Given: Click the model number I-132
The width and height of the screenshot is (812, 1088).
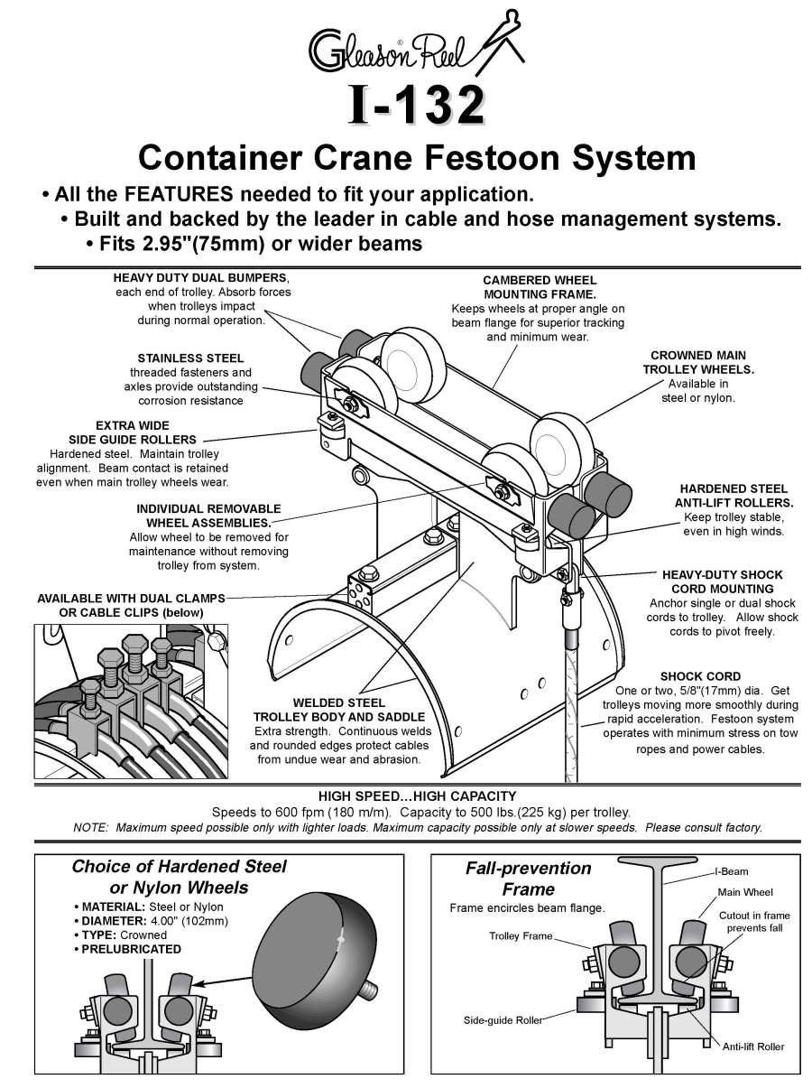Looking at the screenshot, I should click(416, 106).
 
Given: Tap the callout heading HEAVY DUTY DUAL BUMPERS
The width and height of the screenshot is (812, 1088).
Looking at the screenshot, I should click(201, 277).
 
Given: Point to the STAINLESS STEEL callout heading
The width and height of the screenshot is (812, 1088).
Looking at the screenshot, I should click(190, 358).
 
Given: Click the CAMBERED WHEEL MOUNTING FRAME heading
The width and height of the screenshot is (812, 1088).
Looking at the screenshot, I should click(539, 287).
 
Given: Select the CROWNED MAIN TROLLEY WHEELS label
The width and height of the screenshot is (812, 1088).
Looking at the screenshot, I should click(697, 362).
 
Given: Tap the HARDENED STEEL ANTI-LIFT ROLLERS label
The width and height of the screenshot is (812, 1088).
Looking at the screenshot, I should click(734, 495).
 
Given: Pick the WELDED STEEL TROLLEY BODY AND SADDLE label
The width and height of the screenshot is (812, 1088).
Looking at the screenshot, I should click(339, 709).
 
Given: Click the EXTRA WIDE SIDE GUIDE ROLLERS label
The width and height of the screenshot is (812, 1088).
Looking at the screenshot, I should click(133, 432).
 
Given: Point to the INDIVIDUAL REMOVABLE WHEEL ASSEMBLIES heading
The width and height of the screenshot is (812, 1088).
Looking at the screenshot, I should click(208, 516).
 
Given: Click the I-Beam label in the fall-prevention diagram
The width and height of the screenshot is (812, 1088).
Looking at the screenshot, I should click(731, 872).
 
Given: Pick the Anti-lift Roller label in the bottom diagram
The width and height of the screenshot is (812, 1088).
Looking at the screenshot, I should click(753, 1046).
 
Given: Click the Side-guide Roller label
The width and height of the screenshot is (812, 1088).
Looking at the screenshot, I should click(503, 1020).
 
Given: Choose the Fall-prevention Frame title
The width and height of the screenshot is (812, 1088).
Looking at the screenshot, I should click(528, 879).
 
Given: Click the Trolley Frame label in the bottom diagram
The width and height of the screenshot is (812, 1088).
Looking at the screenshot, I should click(520, 936).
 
